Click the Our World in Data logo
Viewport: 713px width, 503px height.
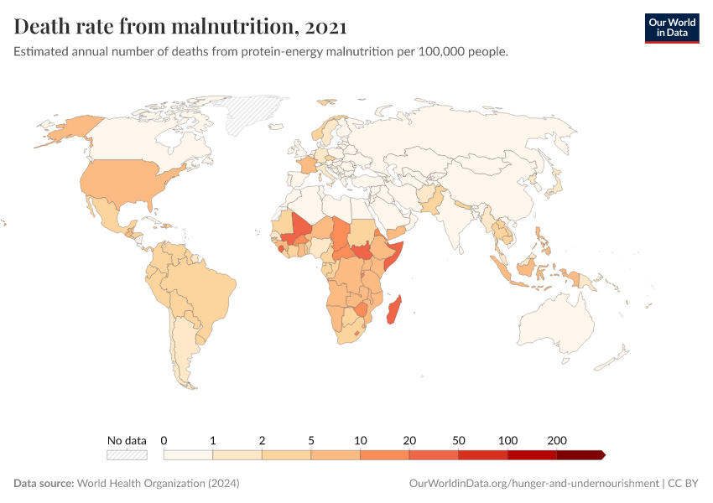(x=671, y=27)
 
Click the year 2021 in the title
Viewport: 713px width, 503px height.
(x=326, y=27)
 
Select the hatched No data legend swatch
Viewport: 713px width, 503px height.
(x=127, y=455)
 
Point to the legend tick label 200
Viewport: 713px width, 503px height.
(x=557, y=440)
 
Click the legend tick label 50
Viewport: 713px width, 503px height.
(x=459, y=440)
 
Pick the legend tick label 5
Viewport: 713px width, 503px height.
(x=311, y=440)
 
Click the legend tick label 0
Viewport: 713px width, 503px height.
(x=164, y=440)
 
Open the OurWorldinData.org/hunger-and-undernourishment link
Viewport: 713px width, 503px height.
(x=533, y=484)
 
